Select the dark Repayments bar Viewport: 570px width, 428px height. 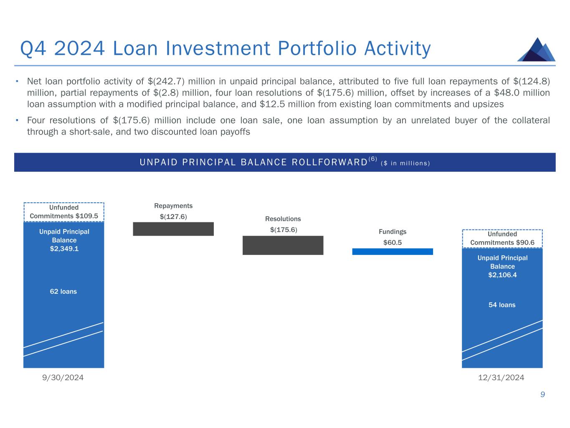(173, 229)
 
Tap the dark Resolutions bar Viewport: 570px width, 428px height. (283, 245)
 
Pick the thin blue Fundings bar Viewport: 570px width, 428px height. (393, 251)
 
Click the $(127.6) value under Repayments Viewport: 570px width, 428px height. (173, 217)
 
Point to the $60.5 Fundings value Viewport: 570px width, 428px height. (393, 242)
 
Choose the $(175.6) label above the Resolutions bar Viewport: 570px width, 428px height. (283, 230)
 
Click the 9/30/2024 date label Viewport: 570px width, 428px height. (63, 377)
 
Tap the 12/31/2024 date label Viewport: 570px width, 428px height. (501, 377)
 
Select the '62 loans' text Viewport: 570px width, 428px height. (63, 291)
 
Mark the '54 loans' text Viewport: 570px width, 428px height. (502, 305)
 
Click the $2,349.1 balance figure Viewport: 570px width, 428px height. (64, 248)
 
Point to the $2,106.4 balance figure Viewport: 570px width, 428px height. (502, 275)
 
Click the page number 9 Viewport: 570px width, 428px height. (542, 394)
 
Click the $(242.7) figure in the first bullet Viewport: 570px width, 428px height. (166, 82)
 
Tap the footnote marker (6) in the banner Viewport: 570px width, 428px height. (372, 159)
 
